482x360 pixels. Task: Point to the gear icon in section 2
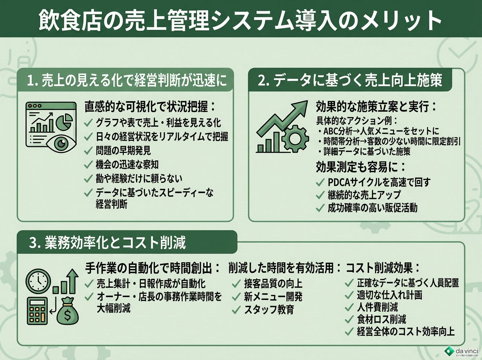coord(295,139)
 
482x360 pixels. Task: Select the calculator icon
coord(37,311)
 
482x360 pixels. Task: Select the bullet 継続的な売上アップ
coord(364,195)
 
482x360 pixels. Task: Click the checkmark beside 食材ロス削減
coord(349,319)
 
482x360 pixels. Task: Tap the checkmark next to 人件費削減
coord(349,308)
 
